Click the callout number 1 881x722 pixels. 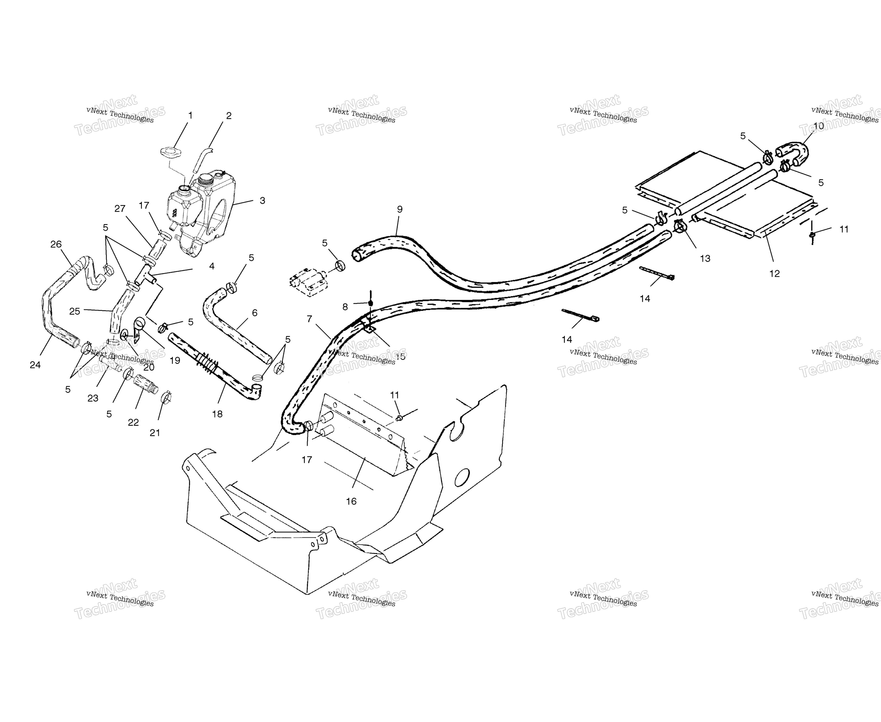[191, 115]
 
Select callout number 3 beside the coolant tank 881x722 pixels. [262, 200]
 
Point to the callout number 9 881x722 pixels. [400, 209]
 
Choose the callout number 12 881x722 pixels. [774, 274]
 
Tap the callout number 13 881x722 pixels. [705, 259]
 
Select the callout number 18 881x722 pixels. [217, 414]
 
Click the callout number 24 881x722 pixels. [35, 365]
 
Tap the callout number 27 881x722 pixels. [120, 209]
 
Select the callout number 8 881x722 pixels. [345, 307]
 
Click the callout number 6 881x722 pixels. [255, 313]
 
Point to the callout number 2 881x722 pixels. [229, 116]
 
